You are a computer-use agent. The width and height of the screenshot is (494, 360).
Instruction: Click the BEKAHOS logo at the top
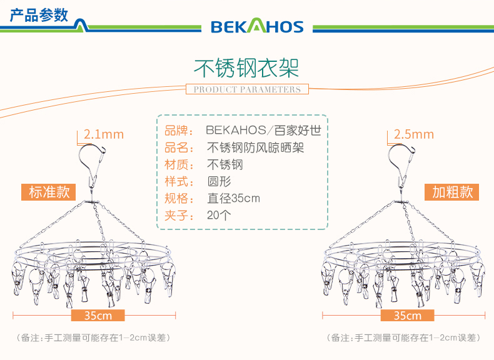pos(257,26)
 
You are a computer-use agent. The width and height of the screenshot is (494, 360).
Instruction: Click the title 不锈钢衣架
pos(247,66)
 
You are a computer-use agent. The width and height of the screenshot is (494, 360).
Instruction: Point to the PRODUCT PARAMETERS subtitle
pos(247,89)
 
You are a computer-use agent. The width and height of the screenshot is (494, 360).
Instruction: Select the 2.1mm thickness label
pos(104,134)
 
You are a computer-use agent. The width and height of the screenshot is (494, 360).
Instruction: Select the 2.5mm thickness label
pos(413,134)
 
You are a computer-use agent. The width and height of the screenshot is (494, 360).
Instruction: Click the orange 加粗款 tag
pos(453,192)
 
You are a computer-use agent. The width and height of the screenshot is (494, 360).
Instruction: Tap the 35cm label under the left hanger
pos(99,316)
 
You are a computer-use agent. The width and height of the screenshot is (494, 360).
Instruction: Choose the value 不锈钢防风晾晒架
pos(256,148)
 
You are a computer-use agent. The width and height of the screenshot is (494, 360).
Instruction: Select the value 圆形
pos(219,182)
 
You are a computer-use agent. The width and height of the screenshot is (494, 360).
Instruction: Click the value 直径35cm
pos(233,199)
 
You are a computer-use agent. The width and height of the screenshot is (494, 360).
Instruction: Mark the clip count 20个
pos(219,216)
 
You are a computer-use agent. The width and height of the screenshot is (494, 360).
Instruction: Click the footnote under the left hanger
pos(94,337)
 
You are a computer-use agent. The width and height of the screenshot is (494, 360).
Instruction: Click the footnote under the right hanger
pos(403,337)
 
